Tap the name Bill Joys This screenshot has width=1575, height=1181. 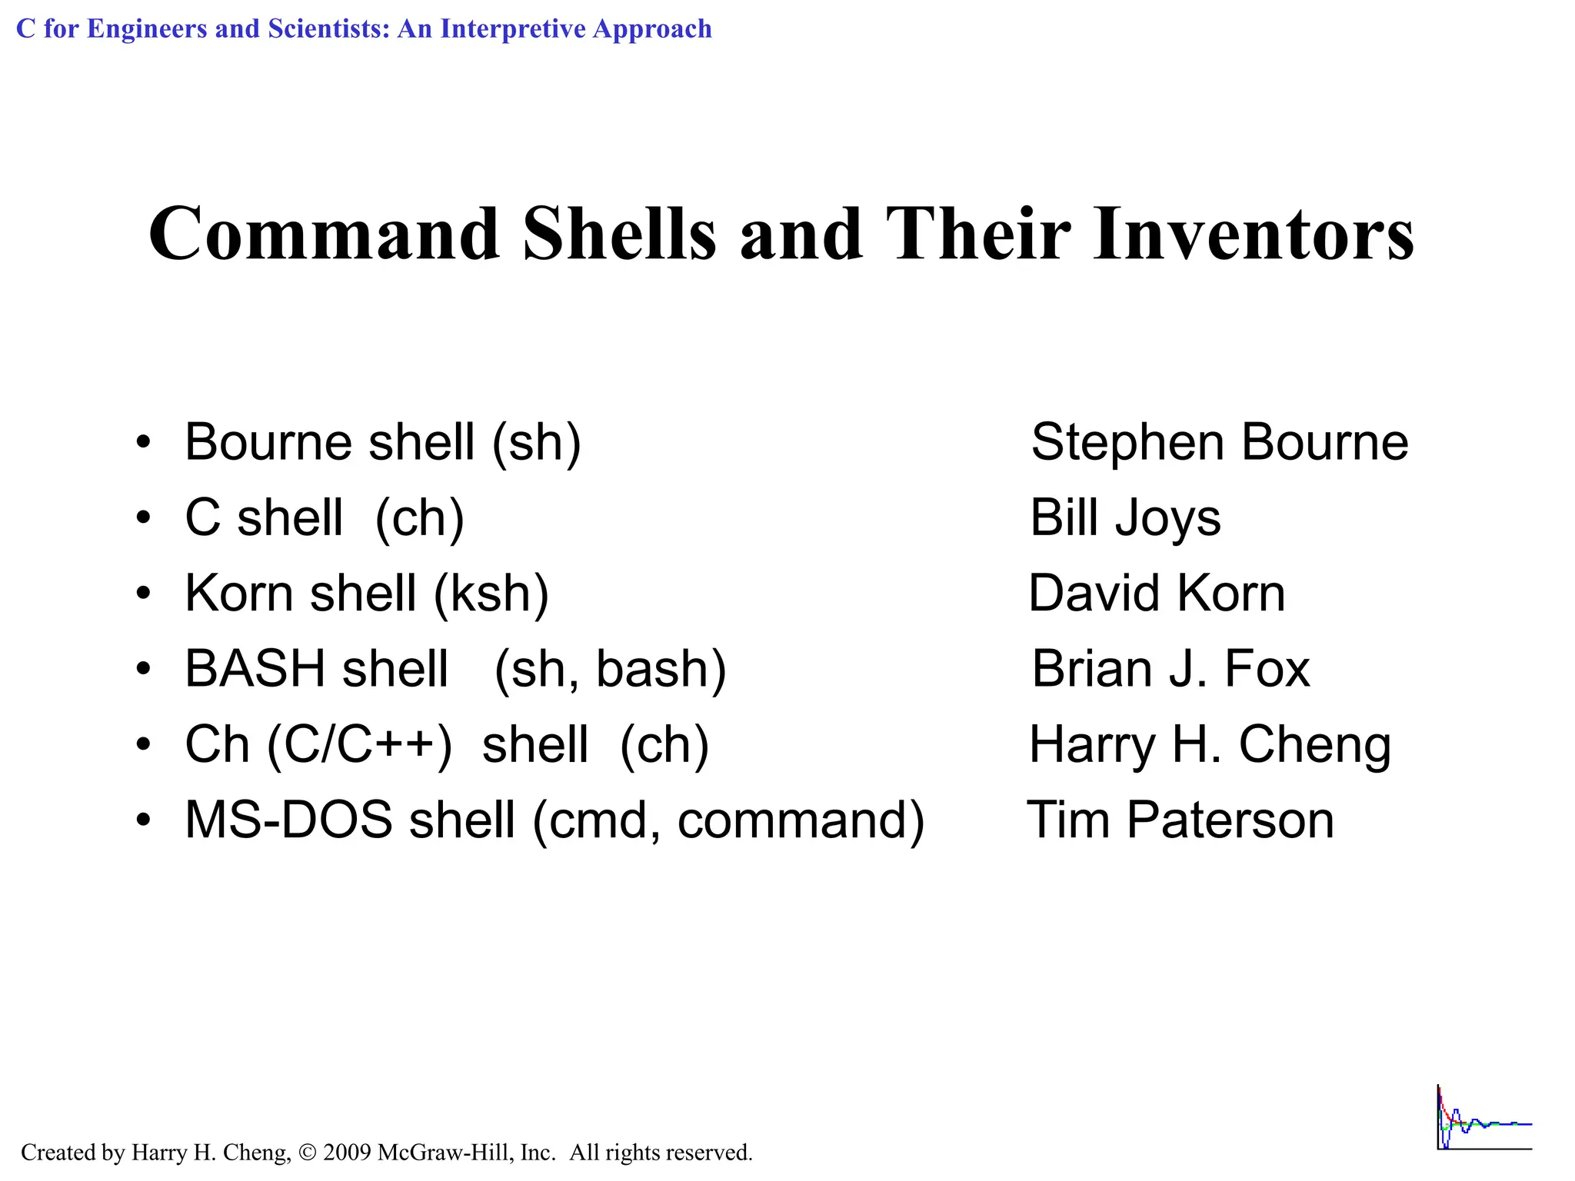1125,517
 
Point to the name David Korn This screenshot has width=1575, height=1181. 1157,594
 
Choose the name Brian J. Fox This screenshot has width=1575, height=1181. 1170,669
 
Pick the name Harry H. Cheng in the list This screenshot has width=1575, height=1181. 1210,744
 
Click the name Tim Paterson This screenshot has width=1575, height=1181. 1180,820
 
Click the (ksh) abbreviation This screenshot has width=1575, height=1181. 491,594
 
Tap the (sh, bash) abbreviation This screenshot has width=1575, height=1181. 610,669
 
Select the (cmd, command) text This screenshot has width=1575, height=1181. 728,820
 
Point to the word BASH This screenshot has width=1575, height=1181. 255,669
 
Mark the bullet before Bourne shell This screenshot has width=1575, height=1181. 143,443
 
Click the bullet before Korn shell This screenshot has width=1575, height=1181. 143,594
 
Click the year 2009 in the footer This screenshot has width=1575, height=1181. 347,1153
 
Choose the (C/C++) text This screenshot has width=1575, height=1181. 359,744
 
